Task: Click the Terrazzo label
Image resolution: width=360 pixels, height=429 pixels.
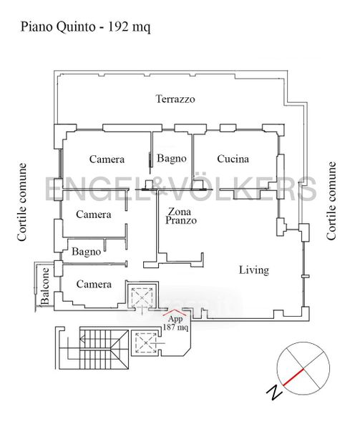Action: point(175,99)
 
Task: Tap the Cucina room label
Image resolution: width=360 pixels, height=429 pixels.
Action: point(233,159)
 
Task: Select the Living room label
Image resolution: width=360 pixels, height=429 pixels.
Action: point(254,270)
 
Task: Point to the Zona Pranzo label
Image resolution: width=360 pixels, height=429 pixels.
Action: point(181,216)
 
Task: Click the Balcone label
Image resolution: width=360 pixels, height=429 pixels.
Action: point(45,286)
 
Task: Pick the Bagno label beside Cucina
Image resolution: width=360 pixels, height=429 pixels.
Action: point(172,158)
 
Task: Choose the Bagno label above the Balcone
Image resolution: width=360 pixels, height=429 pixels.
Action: point(86,252)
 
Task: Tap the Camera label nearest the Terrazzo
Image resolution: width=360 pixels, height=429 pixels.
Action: point(107,159)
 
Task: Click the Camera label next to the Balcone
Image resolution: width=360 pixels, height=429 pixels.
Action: point(94,285)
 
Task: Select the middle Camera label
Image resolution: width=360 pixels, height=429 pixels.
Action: point(94,214)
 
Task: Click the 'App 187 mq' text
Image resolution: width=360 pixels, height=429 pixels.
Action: point(175,323)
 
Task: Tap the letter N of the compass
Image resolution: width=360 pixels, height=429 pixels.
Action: point(274,393)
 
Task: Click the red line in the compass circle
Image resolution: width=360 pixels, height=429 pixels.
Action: point(293,378)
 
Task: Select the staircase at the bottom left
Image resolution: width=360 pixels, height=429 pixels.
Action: point(92,347)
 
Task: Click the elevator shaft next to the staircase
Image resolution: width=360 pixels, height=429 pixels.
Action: point(145,342)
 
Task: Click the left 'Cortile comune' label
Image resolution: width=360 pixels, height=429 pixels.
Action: point(22,202)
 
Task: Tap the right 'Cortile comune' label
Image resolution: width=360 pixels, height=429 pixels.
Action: point(331,201)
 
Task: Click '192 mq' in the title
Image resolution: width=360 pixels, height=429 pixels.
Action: point(130,27)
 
